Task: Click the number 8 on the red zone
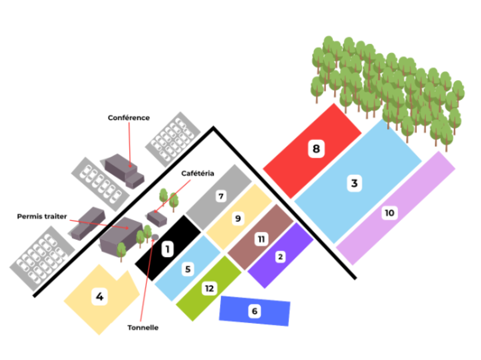[316, 149]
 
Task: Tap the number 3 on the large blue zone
[354, 183]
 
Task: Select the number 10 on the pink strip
[389, 213]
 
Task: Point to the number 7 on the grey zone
[220, 196]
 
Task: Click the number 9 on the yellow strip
[238, 218]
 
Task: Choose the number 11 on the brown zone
[261, 239]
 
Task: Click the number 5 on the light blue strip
[188, 269]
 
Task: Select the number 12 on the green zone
[209, 288]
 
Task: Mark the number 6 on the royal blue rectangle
[254, 311]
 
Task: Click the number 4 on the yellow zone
[99, 297]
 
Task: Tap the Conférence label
[128, 118]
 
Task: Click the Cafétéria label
[198, 174]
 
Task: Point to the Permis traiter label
[42, 216]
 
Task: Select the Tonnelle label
[143, 328]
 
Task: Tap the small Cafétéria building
[157, 218]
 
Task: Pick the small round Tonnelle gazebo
[155, 237]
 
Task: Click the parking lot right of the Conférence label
[173, 138]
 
